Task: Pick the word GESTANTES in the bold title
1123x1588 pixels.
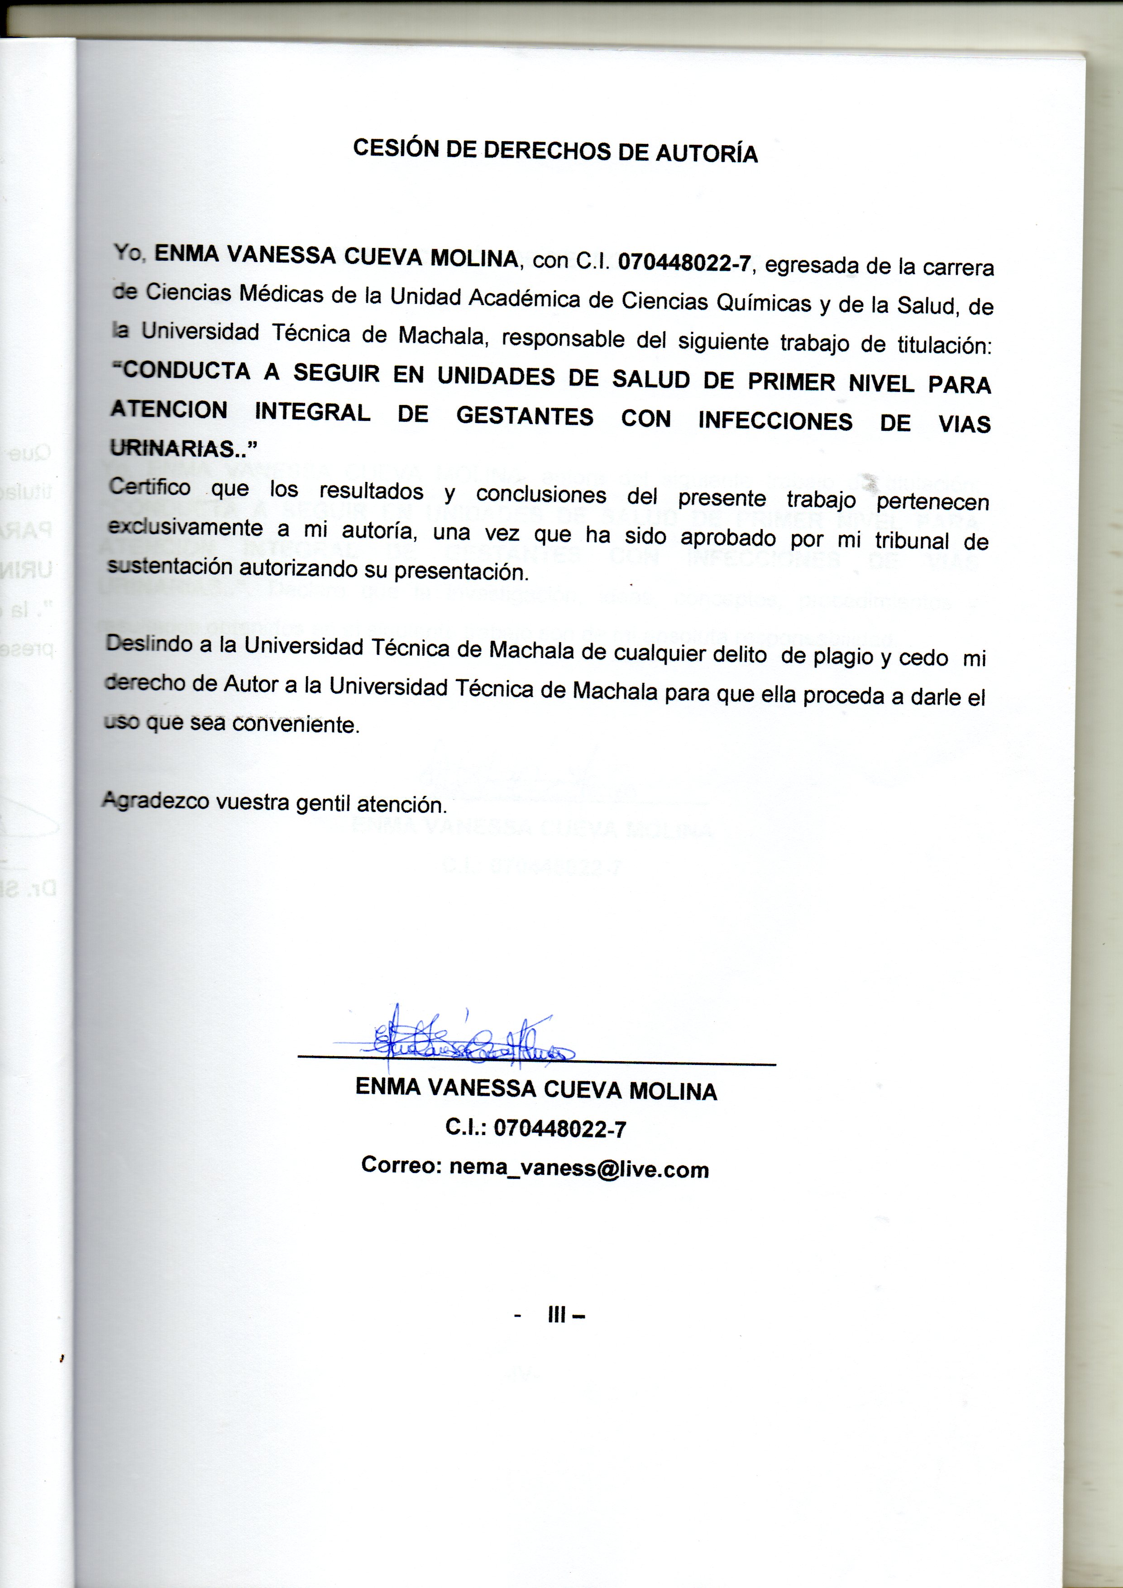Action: (525, 416)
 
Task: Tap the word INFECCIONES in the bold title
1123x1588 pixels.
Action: (775, 420)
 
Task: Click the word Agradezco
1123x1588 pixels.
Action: (156, 801)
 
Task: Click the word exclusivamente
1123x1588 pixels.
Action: (185, 527)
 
